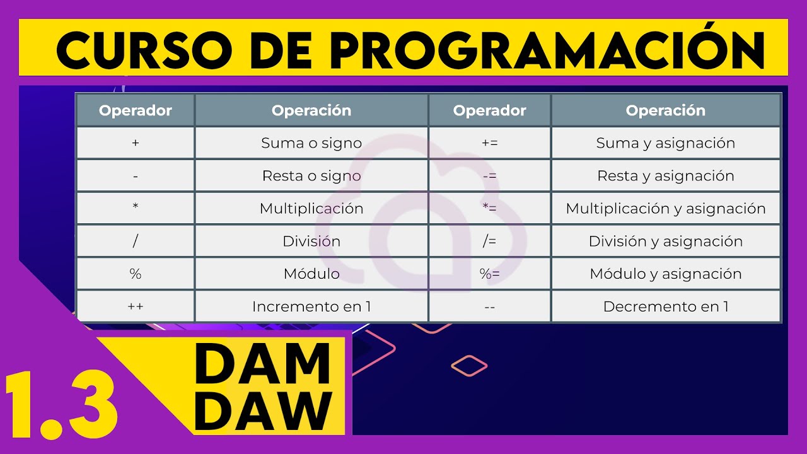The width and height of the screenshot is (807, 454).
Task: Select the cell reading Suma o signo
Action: (311, 143)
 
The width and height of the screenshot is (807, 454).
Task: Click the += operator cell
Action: (489, 143)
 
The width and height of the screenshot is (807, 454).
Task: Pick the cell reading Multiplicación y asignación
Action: (666, 209)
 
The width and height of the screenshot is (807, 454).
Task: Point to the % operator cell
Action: (136, 274)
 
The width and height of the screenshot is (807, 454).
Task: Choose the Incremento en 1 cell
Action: (311, 307)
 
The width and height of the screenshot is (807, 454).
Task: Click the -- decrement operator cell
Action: (489, 307)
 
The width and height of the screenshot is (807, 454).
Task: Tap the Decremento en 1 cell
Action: (666, 307)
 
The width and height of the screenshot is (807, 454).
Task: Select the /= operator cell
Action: (489, 242)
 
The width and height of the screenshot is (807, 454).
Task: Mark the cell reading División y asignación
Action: (666, 242)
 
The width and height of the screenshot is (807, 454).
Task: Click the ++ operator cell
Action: (136, 307)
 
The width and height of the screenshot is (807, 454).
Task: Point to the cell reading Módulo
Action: (311, 274)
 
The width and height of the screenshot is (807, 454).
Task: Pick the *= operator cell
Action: (489, 209)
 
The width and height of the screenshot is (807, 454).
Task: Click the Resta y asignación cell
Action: (666, 176)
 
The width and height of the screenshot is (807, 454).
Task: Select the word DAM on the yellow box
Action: (263, 364)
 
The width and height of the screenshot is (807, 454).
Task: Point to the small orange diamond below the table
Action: (470, 365)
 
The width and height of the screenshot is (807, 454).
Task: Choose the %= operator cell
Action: (489, 274)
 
